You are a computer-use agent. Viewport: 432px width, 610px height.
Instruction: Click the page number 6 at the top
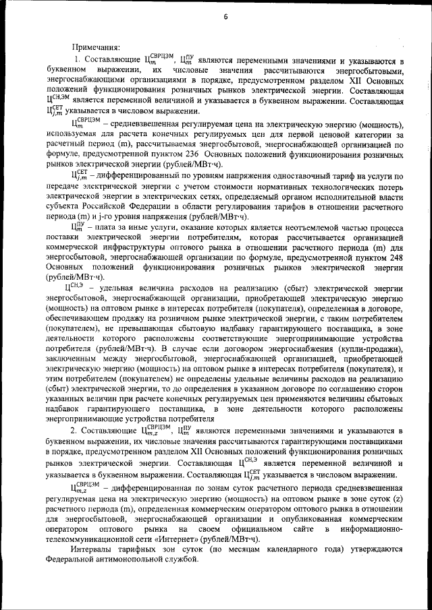click(x=225, y=18)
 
